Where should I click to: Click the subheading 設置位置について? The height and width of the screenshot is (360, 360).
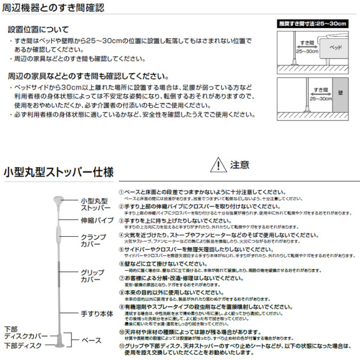[x=39, y=29]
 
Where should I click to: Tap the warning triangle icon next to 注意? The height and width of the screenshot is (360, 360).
[x=217, y=165]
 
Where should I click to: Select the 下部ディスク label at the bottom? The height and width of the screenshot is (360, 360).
[x=22, y=345]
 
